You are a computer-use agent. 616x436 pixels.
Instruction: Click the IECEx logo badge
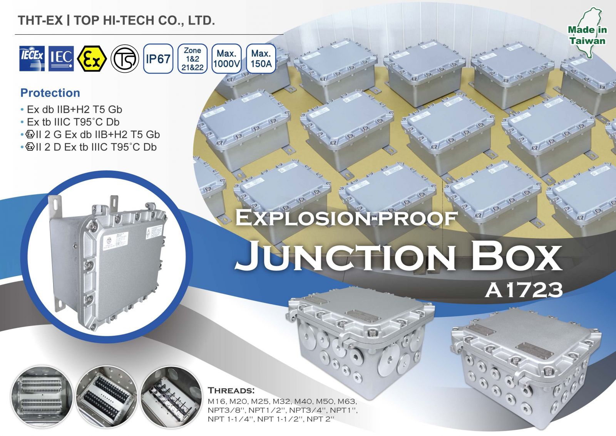pos(32,58)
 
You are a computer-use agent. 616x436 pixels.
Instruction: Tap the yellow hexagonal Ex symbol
pos(92,59)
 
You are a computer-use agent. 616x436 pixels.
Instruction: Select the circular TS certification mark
pos(125,59)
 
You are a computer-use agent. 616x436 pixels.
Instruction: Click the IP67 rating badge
pos(158,59)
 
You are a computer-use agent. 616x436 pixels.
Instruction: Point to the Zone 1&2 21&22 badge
pos(192,59)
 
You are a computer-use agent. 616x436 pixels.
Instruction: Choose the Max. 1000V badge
pos(227,59)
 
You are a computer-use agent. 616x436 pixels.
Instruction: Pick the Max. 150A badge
pos(261,59)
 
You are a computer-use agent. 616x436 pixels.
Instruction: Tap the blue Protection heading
pos(50,93)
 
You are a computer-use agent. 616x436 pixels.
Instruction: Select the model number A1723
pos(524,290)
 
